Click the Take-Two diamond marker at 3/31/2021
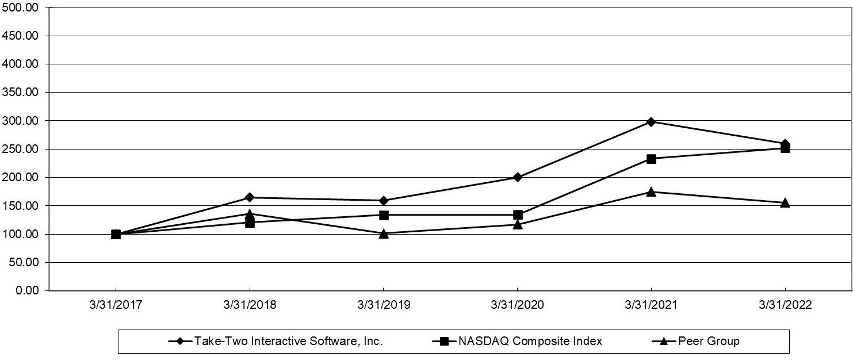pyautogui.click(x=651, y=121)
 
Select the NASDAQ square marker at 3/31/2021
pyautogui.click(x=651, y=159)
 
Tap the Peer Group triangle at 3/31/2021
pyautogui.click(x=651, y=192)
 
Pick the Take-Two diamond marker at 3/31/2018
pyautogui.click(x=250, y=197)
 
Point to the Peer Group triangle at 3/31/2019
pyautogui.click(x=384, y=233)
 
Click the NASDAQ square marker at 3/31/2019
pyautogui.click(x=384, y=215)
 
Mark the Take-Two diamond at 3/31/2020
pyautogui.click(x=518, y=177)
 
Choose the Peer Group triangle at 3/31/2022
pyautogui.click(x=785, y=202)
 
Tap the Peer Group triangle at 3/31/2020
pyautogui.click(x=518, y=224)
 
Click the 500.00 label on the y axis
pyautogui.click(x=21, y=7)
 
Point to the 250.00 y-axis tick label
pyautogui.click(x=21, y=149)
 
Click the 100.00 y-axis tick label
pyautogui.click(x=21, y=234)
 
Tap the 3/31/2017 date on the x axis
pyautogui.click(x=116, y=305)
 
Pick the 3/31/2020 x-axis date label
pyautogui.click(x=518, y=305)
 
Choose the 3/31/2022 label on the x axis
pyautogui.click(x=785, y=305)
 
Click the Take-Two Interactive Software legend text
pyautogui.click(x=288, y=341)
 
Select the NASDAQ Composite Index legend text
pyautogui.click(x=530, y=341)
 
